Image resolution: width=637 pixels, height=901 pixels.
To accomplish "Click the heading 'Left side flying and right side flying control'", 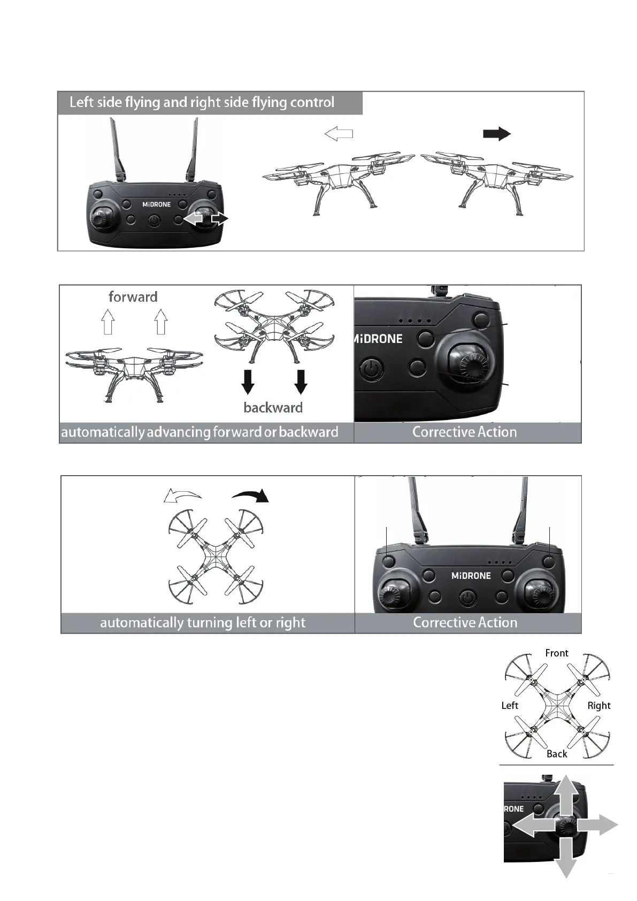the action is [x=202, y=102].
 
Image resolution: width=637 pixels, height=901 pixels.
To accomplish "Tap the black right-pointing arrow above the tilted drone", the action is [x=497, y=134].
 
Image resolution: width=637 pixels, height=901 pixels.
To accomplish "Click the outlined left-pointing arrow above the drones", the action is [x=339, y=134].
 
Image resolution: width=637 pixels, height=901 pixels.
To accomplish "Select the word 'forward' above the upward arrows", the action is [x=133, y=297].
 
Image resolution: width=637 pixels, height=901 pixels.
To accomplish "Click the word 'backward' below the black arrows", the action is [x=273, y=408].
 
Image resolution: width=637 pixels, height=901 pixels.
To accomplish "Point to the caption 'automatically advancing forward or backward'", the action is [x=199, y=432].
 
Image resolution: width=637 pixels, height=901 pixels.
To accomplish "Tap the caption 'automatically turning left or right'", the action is [x=203, y=623].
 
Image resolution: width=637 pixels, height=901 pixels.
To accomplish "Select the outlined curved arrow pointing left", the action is [x=182, y=496].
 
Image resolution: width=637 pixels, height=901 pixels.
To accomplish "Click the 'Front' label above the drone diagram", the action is [x=556, y=653].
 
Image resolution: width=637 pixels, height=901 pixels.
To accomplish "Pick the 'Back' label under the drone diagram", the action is [x=557, y=754].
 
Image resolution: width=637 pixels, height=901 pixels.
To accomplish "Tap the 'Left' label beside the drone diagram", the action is [x=510, y=706].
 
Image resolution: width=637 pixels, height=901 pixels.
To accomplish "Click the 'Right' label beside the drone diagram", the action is [x=598, y=706].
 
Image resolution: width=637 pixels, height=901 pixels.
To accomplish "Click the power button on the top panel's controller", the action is [x=155, y=220].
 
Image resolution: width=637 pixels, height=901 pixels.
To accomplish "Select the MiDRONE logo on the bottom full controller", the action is [x=471, y=576].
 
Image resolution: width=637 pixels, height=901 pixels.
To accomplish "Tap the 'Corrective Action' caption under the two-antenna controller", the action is [x=465, y=623].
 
